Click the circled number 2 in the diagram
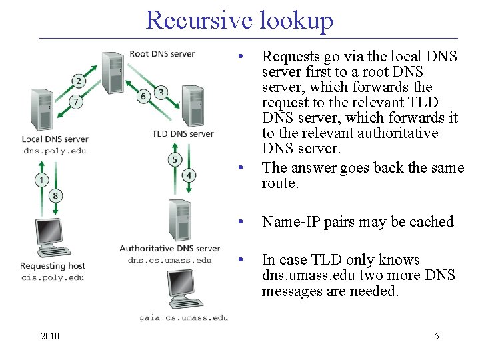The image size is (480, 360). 79,81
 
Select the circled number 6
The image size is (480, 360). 143,97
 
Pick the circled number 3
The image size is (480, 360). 161,92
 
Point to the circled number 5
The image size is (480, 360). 175,159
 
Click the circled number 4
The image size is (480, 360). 189,175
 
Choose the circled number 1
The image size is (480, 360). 42,179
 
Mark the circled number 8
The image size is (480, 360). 55,196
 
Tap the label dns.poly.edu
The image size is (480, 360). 55,151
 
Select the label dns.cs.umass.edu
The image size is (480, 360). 169,259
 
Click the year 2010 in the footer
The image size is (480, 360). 49,336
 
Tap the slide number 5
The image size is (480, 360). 437,336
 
